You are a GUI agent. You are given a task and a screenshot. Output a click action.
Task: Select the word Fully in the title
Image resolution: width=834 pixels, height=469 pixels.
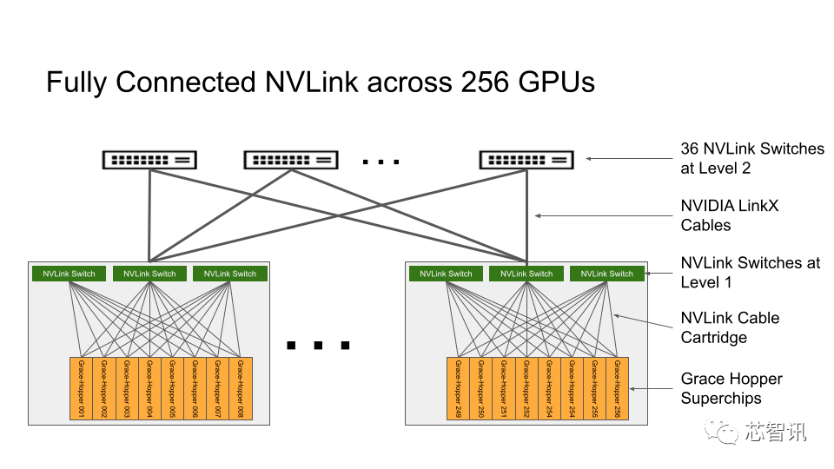[x=76, y=83]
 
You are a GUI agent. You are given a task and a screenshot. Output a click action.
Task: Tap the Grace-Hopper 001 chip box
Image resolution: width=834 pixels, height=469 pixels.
[x=80, y=389]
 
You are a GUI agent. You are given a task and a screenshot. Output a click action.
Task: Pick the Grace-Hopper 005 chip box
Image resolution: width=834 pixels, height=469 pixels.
[x=171, y=389]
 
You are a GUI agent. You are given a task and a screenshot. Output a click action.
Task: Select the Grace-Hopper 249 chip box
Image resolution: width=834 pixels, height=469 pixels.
[x=458, y=389]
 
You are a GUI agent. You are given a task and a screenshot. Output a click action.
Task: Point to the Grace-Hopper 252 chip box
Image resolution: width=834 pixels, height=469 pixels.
[x=526, y=389]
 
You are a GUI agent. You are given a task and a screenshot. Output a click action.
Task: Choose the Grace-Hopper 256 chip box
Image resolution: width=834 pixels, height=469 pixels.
[x=617, y=389]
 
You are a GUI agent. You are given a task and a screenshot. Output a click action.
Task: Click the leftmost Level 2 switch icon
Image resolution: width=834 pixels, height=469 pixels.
[x=149, y=160]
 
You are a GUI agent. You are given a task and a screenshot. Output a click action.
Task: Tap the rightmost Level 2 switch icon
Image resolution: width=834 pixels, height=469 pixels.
[x=526, y=160]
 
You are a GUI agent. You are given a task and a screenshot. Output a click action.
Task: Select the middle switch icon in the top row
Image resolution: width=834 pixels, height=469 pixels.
[x=291, y=160]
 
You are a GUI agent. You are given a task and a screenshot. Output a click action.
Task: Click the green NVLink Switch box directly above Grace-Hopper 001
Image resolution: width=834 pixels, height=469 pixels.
[x=69, y=274]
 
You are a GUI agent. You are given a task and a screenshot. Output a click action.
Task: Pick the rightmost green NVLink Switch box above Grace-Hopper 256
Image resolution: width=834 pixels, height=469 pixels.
[x=607, y=274]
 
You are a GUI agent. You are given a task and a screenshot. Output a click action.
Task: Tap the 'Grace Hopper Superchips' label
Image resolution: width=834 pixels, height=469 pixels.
[x=731, y=388]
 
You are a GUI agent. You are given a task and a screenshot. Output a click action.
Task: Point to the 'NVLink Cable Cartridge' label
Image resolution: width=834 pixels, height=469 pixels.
[x=729, y=327]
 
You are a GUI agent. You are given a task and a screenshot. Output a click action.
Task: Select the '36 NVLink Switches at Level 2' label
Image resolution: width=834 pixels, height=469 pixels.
[x=751, y=158]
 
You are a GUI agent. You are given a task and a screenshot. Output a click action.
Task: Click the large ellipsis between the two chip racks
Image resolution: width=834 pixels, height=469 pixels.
[x=318, y=346]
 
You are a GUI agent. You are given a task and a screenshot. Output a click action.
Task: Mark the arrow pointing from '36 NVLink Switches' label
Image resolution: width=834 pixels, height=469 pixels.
[x=630, y=159]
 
